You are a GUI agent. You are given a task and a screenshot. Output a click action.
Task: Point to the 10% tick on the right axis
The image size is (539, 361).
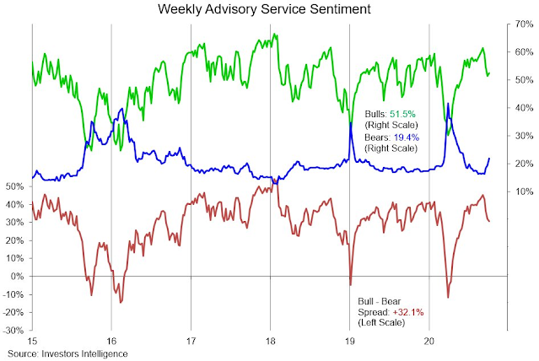[523, 191]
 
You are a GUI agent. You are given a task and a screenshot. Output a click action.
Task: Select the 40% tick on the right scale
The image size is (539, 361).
[523, 108]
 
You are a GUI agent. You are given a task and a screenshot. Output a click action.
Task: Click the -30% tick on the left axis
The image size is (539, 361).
[14, 331]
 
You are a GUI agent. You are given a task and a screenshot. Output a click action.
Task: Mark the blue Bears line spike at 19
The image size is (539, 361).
[349, 123]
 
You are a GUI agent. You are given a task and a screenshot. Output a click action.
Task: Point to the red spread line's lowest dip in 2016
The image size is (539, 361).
[121, 301]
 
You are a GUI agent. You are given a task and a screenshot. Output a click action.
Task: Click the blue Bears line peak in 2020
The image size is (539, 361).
[448, 104]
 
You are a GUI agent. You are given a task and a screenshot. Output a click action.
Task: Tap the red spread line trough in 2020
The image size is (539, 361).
[448, 297]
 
